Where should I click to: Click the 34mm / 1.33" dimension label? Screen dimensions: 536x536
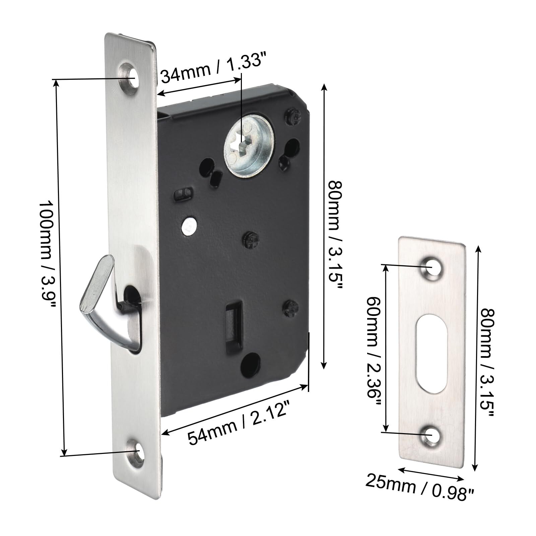[211, 71]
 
